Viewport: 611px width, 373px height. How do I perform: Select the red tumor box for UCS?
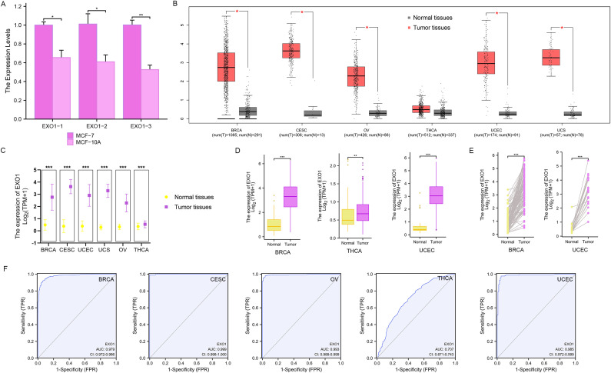pyautogui.click(x=551, y=58)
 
